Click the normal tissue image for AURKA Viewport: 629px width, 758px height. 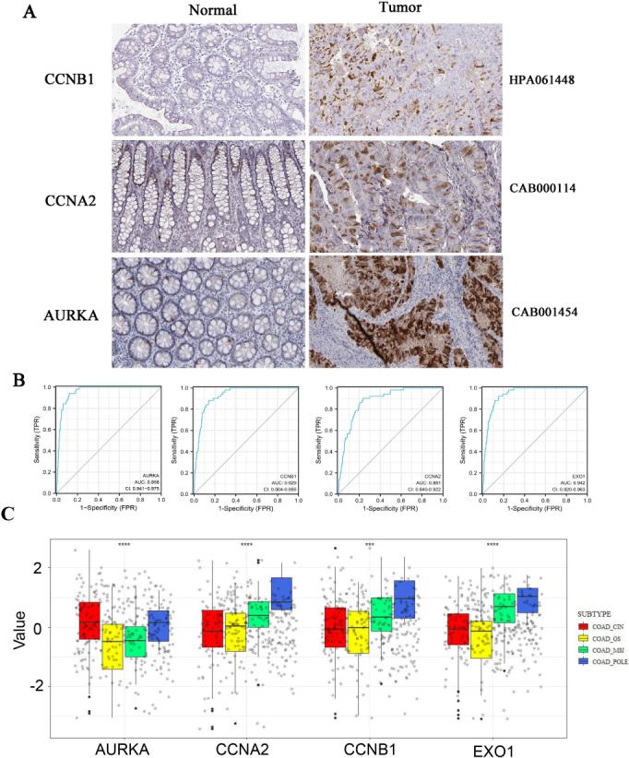click(208, 311)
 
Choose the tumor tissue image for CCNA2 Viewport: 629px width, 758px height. click(406, 195)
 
